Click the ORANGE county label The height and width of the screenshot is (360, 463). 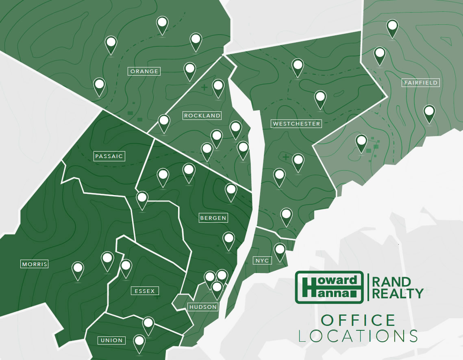tap(144, 72)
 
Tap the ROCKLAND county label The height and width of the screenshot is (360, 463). tap(202, 116)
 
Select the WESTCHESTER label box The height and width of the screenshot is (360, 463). tap(297, 124)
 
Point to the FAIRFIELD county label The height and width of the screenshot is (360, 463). tap(421, 83)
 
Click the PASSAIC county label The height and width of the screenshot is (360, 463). tap(109, 156)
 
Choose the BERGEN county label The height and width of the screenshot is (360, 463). tap(213, 218)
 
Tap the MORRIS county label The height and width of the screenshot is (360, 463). tap(35, 264)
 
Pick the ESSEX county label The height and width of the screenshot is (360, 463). tap(145, 291)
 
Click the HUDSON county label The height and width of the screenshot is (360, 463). tap(203, 307)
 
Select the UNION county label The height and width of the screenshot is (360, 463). tap(111, 340)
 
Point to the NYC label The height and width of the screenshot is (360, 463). tap(263, 260)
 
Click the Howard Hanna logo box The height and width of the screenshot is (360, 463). tap(329, 287)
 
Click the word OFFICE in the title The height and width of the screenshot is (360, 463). tap(358, 320)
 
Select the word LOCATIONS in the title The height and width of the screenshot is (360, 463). tap(358, 336)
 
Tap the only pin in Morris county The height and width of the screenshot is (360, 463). tap(78, 270)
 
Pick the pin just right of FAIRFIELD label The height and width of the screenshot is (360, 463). tap(429, 113)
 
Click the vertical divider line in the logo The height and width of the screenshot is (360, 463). tap(368, 287)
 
